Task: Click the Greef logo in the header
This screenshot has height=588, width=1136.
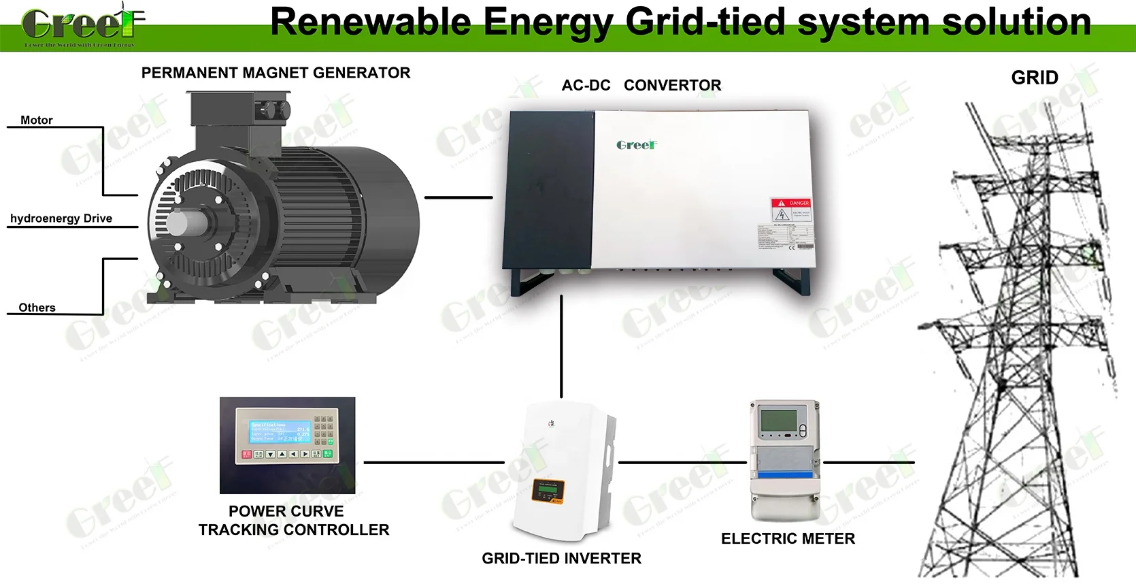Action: (82, 25)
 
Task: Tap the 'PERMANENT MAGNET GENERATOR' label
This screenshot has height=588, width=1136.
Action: (275, 73)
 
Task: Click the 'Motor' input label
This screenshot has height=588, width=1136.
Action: (37, 120)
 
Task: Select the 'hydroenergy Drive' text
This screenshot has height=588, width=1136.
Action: (61, 218)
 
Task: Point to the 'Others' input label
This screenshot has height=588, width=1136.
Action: (37, 308)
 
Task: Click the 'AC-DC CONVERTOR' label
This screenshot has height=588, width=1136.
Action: (641, 86)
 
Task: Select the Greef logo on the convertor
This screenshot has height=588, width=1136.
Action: (637, 145)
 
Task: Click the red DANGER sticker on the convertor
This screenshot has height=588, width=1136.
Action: (790, 203)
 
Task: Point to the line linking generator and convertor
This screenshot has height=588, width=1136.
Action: (458, 197)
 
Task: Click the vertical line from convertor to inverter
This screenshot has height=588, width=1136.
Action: (561, 347)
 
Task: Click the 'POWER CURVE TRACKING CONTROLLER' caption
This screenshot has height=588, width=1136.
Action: (293, 521)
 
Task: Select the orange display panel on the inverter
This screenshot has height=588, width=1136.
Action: (548, 491)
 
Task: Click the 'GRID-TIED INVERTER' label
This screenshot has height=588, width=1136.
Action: (561, 559)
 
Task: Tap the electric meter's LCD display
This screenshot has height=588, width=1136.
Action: (778, 421)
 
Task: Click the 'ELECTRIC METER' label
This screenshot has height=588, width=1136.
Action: (788, 539)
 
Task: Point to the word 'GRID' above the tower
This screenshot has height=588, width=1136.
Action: (1034, 78)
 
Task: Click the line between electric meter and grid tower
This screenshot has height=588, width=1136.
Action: (869, 463)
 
